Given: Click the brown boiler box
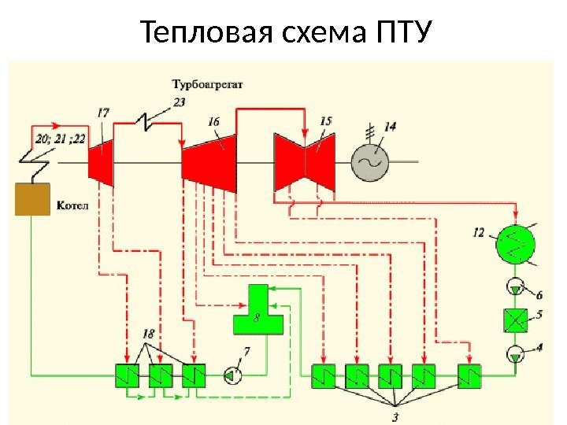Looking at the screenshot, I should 31,199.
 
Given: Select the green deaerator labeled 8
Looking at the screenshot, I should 257,311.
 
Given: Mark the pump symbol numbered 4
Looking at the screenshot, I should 514,354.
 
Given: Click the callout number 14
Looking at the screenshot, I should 391,126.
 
